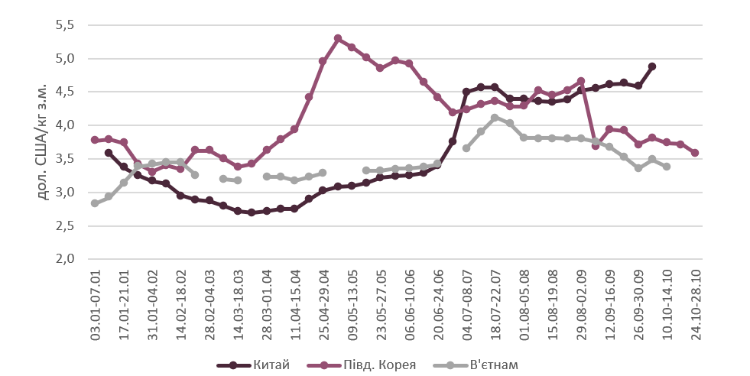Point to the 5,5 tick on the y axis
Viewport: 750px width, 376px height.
(x=64, y=25)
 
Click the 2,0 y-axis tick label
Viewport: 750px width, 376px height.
(x=64, y=259)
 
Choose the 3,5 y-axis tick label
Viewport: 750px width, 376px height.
(x=64, y=159)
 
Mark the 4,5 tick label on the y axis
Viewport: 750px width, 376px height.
(x=64, y=92)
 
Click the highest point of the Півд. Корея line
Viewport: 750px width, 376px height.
(x=338, y=38)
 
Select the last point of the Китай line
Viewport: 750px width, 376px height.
(x=652, y=66)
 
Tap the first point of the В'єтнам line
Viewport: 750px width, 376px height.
(x=95, y=203)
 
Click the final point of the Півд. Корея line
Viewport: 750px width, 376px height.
(x=695, y=153)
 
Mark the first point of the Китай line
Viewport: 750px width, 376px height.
(x=109, y=153)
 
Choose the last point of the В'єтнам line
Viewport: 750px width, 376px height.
(x=667, y=167)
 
